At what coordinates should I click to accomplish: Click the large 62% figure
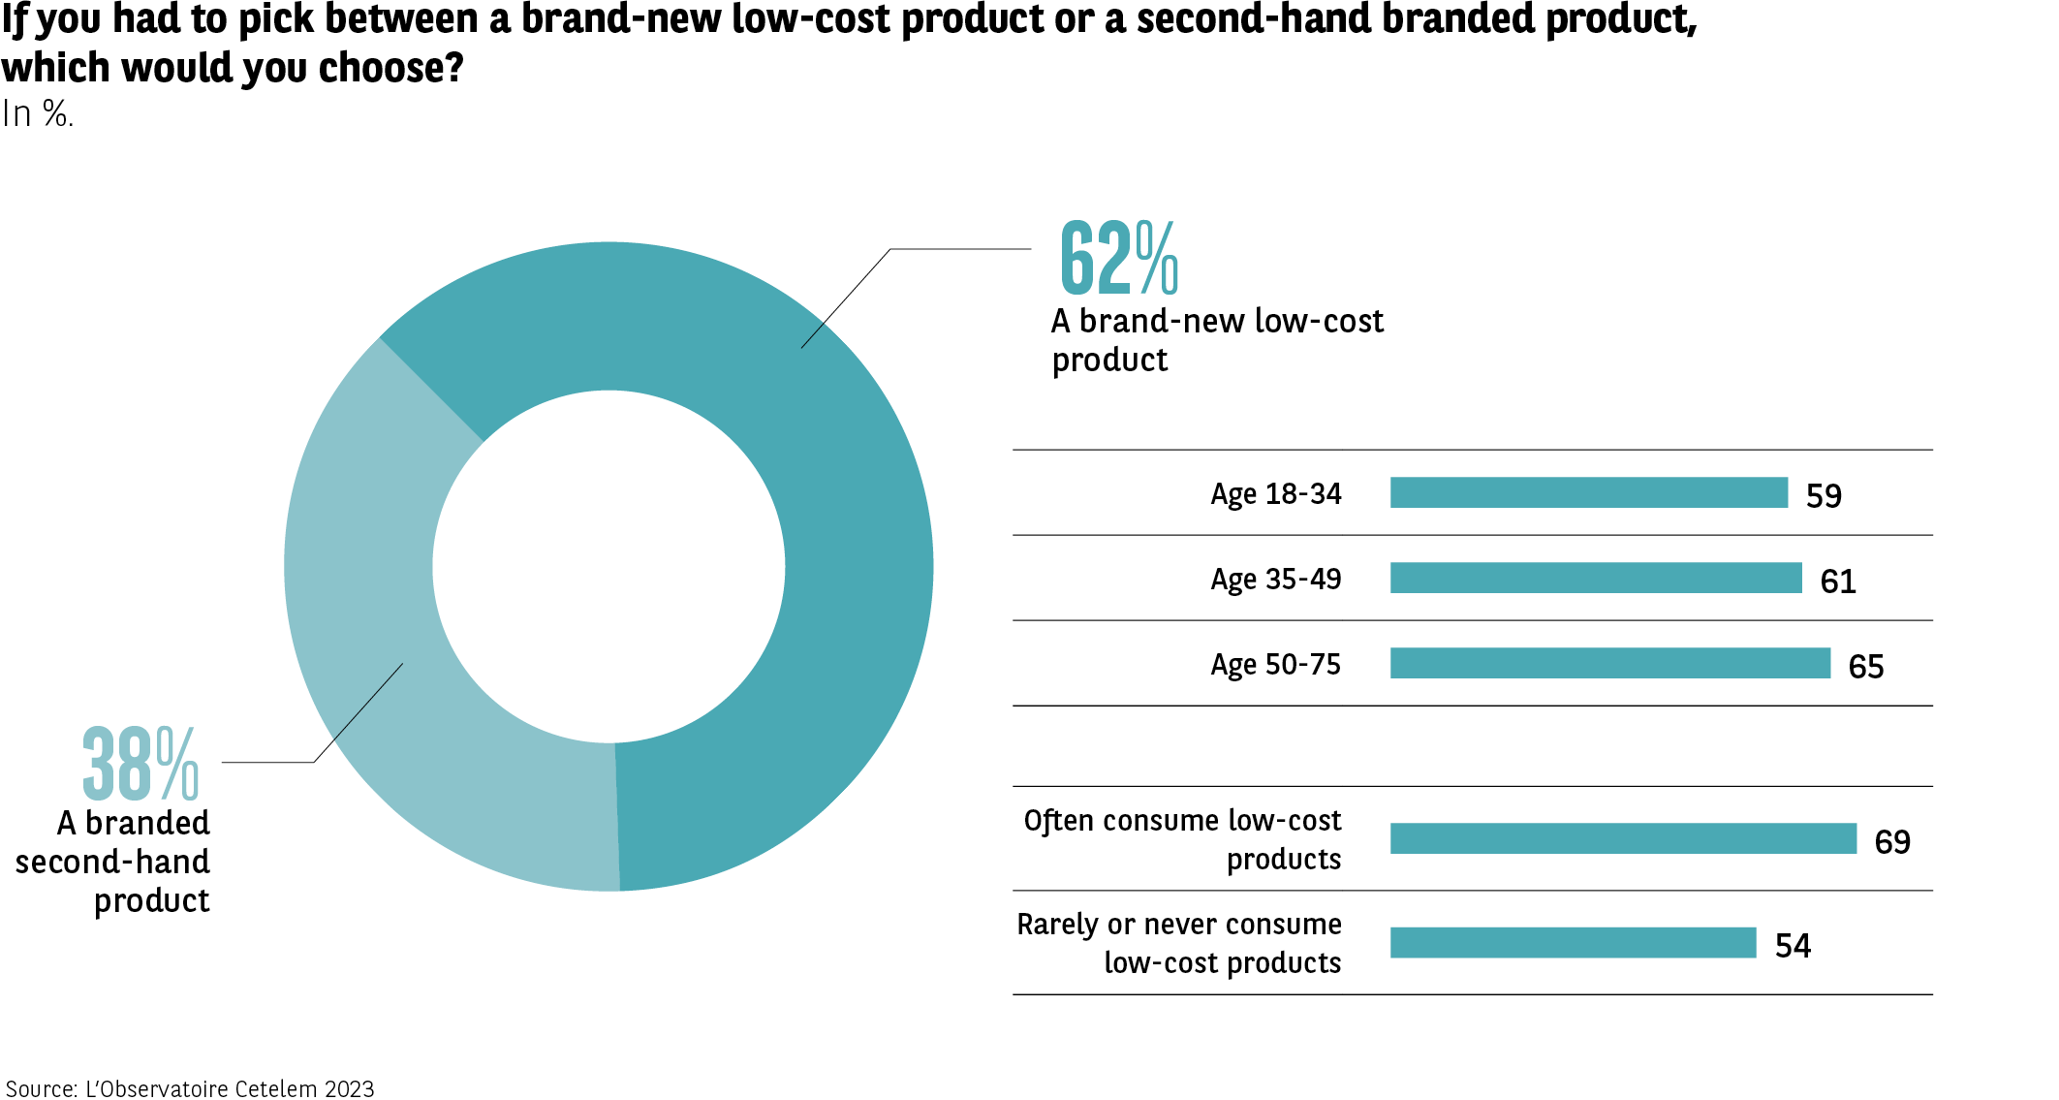click(x=1118, y=258)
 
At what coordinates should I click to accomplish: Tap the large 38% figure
click(x=140, y=765)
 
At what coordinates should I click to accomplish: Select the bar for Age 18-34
click(x=1588, y=492)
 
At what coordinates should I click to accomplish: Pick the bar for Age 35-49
click(x=1595, y=578)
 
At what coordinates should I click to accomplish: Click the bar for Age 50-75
click(x=1609, y=663)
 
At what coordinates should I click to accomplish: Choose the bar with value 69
click(x=1623, y=838)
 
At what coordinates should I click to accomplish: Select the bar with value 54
click(x=1573, y=942)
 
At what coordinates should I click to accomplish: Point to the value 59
click(x=1824, y=496)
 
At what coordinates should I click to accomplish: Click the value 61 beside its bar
click(x=1838, y=581)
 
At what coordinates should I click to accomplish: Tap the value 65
click(x=1865, y=667)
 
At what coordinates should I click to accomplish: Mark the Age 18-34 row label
click(x=1275, y=494)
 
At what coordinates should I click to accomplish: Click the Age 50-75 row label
click(x=1275, y=665)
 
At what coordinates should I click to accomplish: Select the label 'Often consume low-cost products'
click(x=1183, y=839)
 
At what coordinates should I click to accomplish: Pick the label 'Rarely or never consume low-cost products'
click(x=1179, y=943)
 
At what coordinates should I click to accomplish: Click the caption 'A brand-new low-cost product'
click(x=1217, y=340)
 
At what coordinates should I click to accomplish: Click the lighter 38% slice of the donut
click(x=388, y=659)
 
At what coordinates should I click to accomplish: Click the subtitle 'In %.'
click(x=37, y=114)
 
